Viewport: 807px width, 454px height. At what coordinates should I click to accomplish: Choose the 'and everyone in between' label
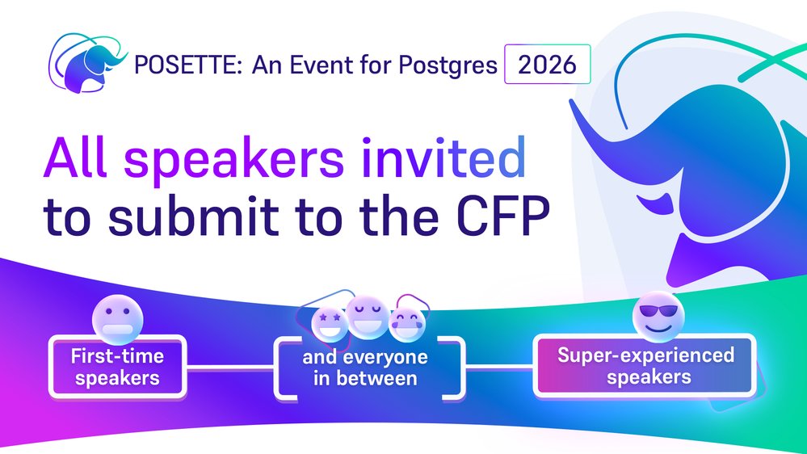(x=371, y=368)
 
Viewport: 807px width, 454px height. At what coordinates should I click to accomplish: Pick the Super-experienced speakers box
(x=645, y=365)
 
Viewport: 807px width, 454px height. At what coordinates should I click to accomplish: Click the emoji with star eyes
(x=330, y=322)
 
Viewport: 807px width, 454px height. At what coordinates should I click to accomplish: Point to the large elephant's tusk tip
(x=578, y=106)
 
